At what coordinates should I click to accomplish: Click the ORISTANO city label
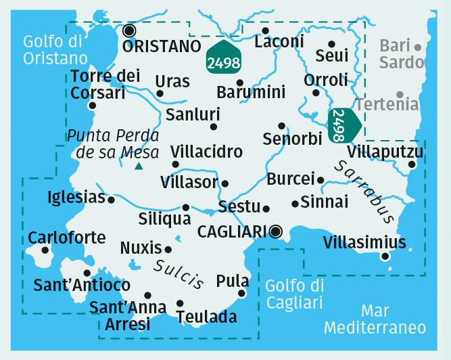pyautogui.click(x=162, y=46)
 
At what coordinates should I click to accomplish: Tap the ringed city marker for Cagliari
pyautogui.click(x=276, y=232)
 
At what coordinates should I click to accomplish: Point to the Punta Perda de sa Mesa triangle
pyautogui.click(x=139, y=166)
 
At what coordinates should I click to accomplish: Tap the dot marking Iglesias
pyautogui.click(x=111, y=200)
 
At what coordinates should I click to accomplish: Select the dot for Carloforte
pyautogui.click(x=45, y=250)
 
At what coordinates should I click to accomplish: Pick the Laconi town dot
pyautogui.click(x=265, y=30)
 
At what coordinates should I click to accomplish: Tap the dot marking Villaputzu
pyautogui.click(x=412, y=164)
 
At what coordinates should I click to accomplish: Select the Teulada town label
pyautogui.click(x=206, y=317)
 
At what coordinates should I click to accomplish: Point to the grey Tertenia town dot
pyautogui.click(x=400, y=94)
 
